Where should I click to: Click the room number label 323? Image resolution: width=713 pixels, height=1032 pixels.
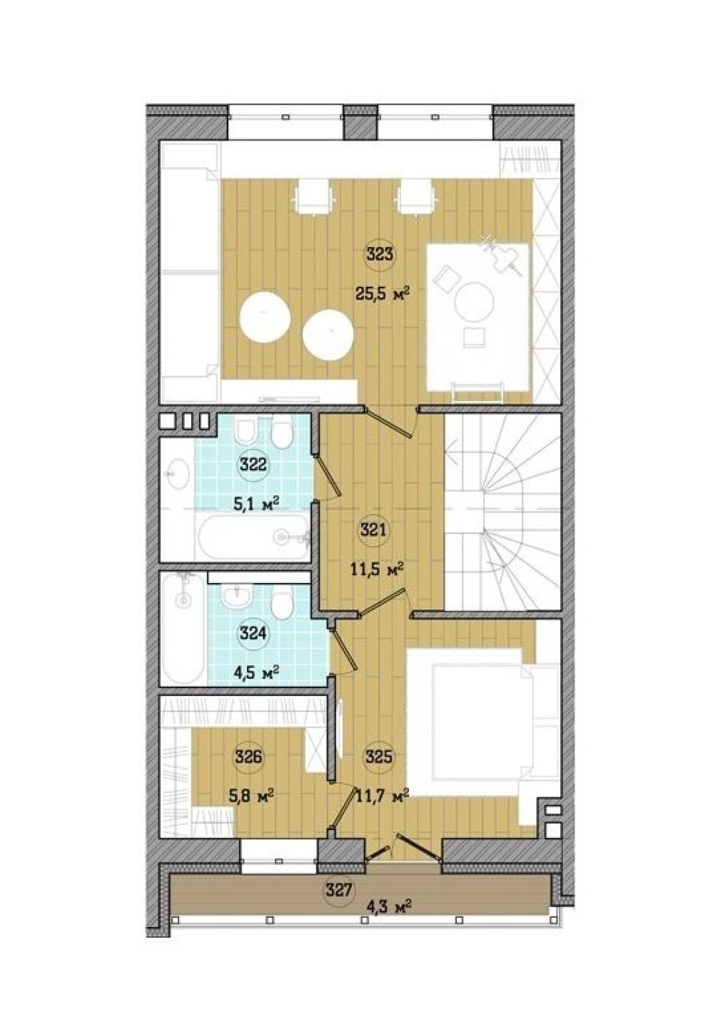tap(380, 254)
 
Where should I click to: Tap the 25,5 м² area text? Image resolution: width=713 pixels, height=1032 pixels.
tap(383, 293)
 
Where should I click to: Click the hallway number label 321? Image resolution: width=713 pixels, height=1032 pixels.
tap(375, 530)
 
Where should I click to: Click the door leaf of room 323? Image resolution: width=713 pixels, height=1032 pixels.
tap(388, 420)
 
